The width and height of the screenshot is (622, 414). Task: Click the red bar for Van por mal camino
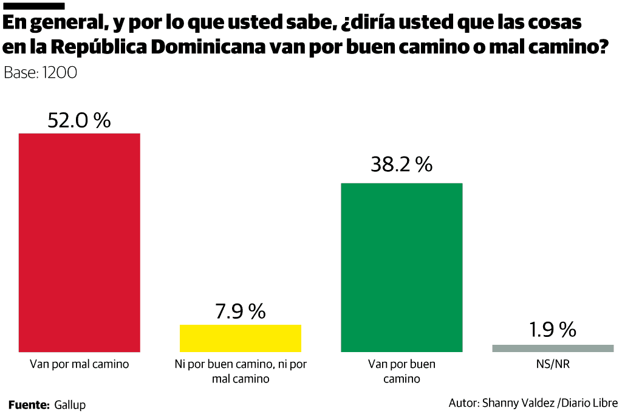click(80, 242)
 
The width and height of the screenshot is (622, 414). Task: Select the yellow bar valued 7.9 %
click(241, 338)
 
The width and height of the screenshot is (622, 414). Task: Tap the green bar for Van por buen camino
click(402, 267)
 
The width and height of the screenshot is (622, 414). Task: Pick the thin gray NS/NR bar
click(553, 348)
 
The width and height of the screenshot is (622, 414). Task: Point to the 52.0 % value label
click(80, 120)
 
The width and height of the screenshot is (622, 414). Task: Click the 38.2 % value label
click(402, 164)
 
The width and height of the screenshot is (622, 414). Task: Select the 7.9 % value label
click(241, 311)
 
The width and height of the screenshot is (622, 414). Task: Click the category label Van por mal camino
click(80, 365)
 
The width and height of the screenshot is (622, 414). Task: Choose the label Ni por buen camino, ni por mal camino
click(241, 372)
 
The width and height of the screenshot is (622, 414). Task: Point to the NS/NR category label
click(553, 365)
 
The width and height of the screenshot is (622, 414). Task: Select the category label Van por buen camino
click(402, 372)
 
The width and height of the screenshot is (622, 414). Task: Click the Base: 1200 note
click(40, 73)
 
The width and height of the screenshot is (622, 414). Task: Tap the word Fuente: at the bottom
click(29, 404)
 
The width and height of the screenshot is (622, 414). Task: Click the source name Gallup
click(70, 404)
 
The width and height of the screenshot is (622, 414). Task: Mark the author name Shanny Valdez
click(521, 402)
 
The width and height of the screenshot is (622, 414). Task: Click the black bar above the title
click(34, 5)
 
